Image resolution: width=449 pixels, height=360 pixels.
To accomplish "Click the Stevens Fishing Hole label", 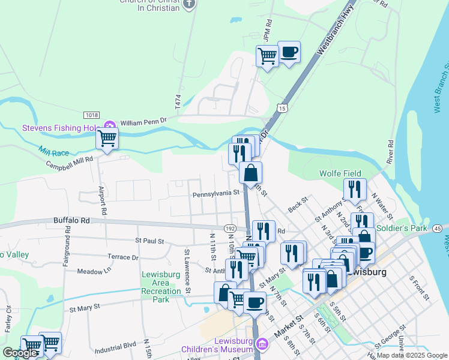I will (60, 128).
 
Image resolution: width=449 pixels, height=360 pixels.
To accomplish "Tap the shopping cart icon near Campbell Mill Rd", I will (107, 139).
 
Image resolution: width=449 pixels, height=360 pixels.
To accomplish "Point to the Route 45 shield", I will (437, 228).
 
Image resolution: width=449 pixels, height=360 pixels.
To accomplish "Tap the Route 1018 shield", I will (92, 115).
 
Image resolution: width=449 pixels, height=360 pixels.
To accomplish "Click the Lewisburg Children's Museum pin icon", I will (262, 344).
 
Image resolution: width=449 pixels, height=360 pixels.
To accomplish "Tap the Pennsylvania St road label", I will (216, 194).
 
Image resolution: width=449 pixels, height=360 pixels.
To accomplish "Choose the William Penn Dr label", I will (143, 122).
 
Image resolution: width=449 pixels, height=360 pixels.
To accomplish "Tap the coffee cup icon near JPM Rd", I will (289, 52).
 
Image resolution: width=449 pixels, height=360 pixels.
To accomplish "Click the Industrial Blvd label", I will (115, 347).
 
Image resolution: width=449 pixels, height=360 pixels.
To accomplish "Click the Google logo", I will (20, 353).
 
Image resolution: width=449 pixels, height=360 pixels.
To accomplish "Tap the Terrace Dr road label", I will (122, 257).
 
